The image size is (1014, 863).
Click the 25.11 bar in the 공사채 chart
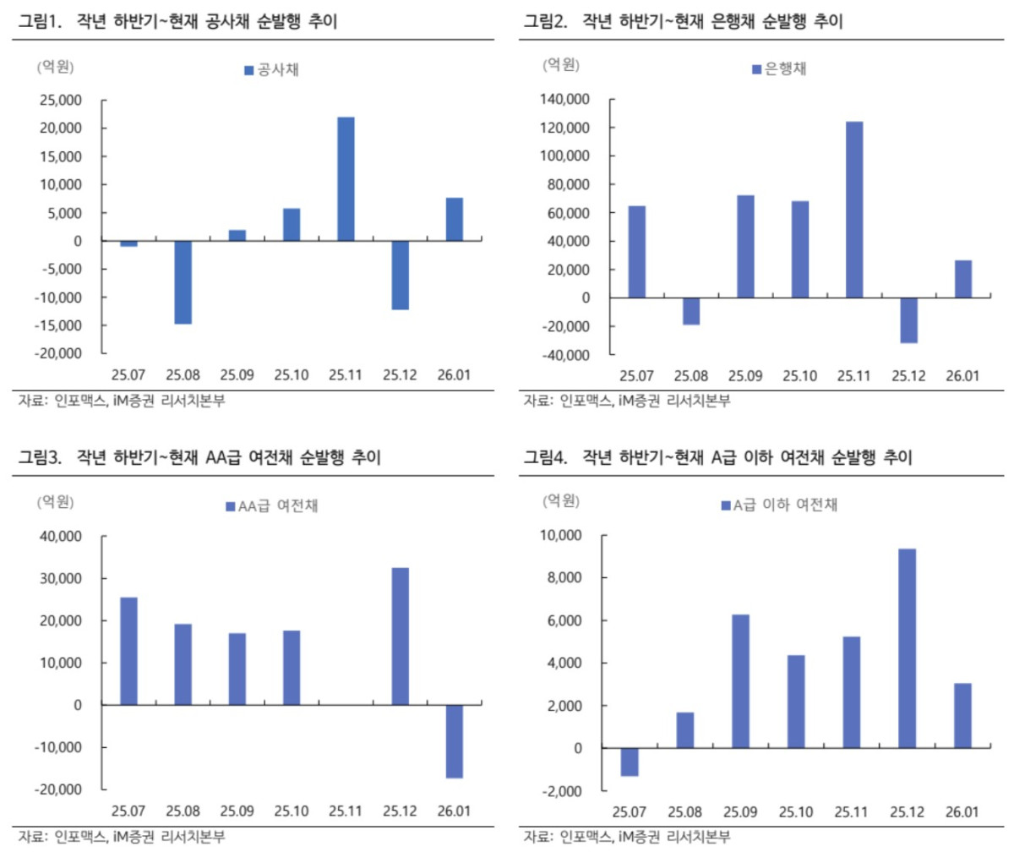(346, 179)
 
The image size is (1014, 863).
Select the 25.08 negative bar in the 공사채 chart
(183, 282)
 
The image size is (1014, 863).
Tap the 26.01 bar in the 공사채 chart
(454, 220)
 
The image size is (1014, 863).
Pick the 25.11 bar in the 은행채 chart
(854, 210)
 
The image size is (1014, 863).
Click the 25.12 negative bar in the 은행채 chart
(908, 320)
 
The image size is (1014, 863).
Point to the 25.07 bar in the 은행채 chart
(637, 252)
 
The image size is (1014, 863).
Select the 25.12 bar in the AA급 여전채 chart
(400, 636)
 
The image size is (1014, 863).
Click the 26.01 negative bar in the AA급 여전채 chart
(454, 740)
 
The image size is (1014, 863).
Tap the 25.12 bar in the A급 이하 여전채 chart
(907, 648)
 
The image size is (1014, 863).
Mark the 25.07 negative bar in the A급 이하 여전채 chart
(629, 762)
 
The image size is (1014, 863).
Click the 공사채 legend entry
(272, 70)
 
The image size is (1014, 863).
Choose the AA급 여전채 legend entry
(271, 506)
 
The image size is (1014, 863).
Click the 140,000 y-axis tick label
(564, 100)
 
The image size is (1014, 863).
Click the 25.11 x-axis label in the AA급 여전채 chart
(346, 811)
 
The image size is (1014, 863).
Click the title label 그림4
(545, 457)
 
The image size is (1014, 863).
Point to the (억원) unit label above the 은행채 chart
(561, 65)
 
